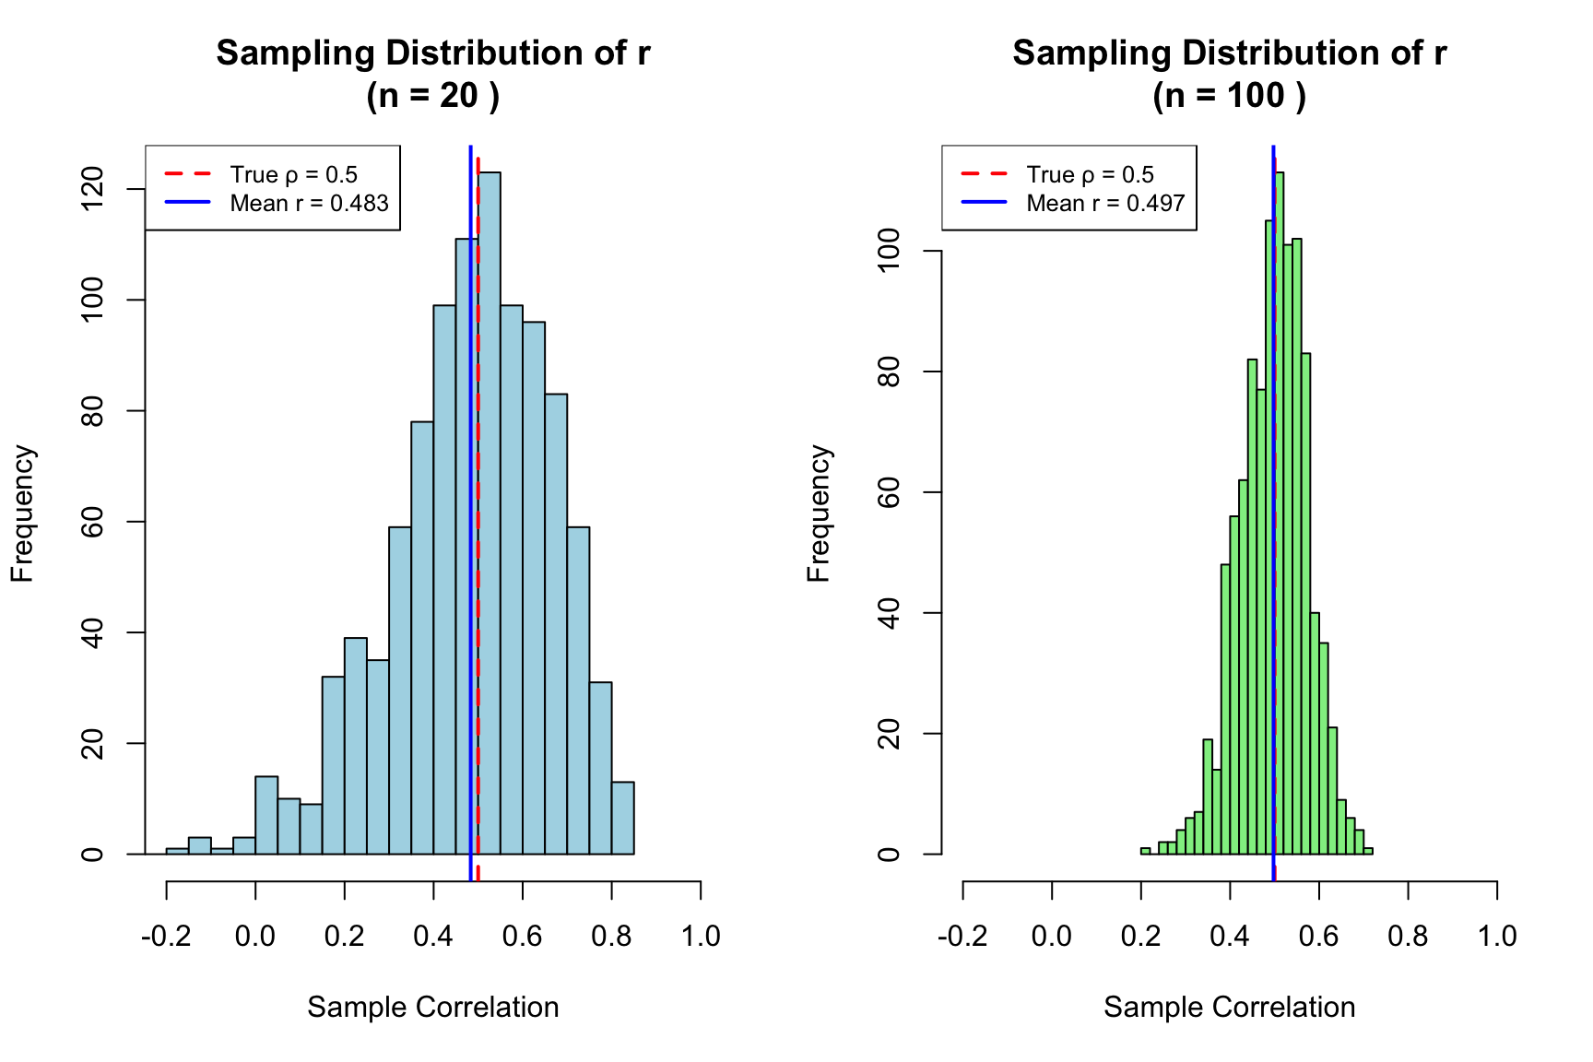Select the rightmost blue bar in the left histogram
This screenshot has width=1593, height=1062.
[623, 819]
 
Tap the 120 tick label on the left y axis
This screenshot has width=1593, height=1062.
[93, 189]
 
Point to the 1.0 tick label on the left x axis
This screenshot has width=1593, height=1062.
[701, 937]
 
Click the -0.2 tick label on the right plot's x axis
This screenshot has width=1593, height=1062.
[962, 937]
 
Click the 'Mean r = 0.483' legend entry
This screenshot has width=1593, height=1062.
[309, 204]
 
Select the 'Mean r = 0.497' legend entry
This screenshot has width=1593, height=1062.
[1105, 204]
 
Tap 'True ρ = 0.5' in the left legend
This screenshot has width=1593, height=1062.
[293, 175]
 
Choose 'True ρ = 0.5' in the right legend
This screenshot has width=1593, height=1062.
[1090, 175]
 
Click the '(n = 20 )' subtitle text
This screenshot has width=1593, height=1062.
[433, 96]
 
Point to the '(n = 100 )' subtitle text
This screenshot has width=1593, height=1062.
[1229, 96]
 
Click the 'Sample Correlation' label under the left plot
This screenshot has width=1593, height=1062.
[433, 1007]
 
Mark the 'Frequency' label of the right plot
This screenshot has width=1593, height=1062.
[819, 513]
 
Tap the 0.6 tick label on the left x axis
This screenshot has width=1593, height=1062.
[523, 937]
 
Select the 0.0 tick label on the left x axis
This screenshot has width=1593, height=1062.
[255, 937]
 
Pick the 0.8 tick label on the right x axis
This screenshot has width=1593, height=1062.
[1408, 937]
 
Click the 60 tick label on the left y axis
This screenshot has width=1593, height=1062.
[93, 522]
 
